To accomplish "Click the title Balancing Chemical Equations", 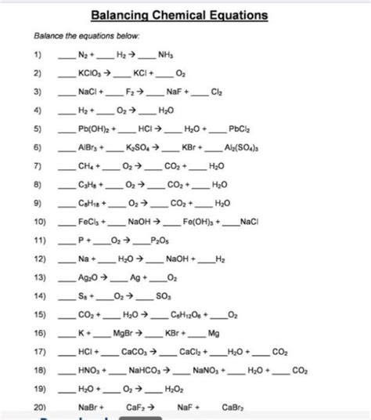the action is click(179, 15).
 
